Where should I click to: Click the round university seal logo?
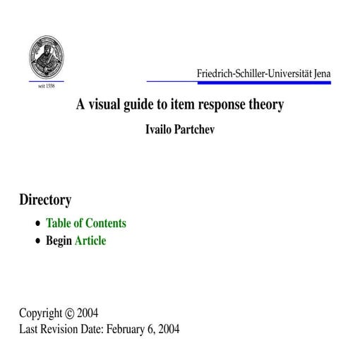pyautogui.click(x=46, y=59)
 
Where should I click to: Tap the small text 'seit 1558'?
pyautogui.click(x=46, y=86)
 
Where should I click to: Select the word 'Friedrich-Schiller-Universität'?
pyautogui.click(x=251, y=73)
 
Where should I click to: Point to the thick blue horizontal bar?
pyautogui.click(x=296, y=83)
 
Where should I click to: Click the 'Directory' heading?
pyautogui.click(x=45, y=200)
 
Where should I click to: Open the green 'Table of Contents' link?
pyautogui.click(x=86, y=223)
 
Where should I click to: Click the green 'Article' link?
pyautogui.click(x=90, y=241)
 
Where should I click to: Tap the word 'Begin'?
pyautogui.click(x=59, y=241)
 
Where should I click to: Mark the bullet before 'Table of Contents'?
pyautogui.click(x=38, y=224)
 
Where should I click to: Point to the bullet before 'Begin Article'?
pyautogui.click(x=38, y=241)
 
